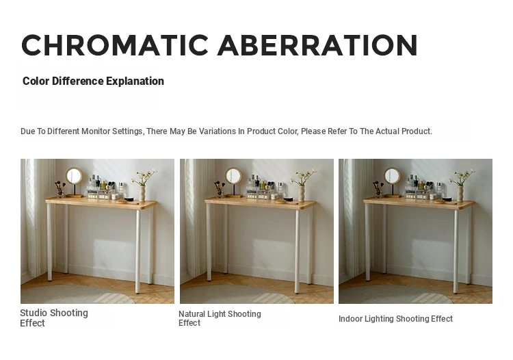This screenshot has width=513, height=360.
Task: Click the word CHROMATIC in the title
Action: pos(115,45)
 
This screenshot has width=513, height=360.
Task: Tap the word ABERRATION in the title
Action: pos(317,45)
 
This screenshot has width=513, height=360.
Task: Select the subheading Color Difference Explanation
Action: pos(93,81)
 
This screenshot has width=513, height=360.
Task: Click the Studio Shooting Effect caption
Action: pos(54,318)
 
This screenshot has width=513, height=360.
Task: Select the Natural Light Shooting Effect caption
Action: pos(220,318)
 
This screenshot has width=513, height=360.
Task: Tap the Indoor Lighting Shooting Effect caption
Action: pos(395,319)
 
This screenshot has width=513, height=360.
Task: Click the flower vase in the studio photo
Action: pos(143,193)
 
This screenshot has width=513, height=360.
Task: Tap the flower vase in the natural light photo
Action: pos(302,193)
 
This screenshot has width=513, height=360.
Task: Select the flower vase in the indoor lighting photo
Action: pos(460,193)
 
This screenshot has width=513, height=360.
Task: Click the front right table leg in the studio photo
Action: pos(137,251)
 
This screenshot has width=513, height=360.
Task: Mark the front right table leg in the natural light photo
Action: pos(297,251)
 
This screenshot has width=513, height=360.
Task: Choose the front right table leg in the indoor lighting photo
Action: pos(456,251)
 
